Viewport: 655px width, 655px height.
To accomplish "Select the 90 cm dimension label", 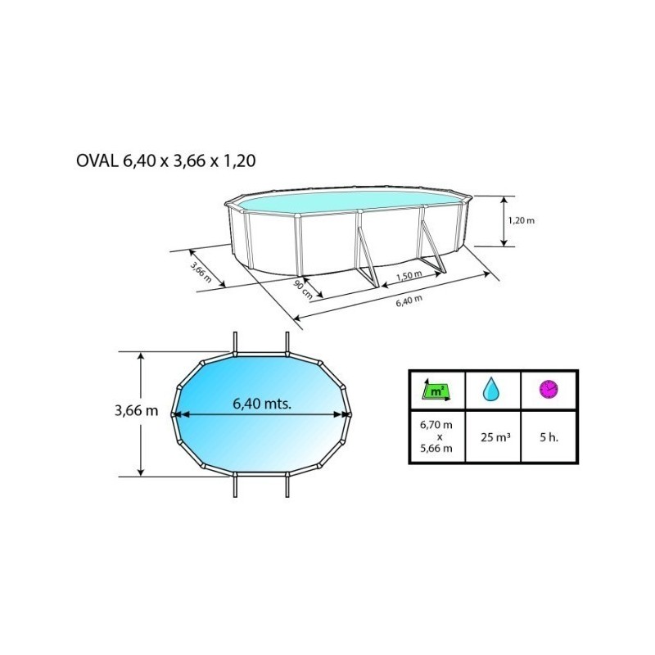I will point(305,288).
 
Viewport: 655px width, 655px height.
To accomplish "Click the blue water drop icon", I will point(492,389).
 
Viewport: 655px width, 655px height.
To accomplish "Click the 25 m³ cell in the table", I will point(493,436).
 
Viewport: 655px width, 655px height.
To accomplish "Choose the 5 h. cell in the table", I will point(549,436).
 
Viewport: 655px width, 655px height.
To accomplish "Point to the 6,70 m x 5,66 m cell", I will point(437,436).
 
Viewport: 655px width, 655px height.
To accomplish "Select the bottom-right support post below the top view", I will point(287,486).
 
